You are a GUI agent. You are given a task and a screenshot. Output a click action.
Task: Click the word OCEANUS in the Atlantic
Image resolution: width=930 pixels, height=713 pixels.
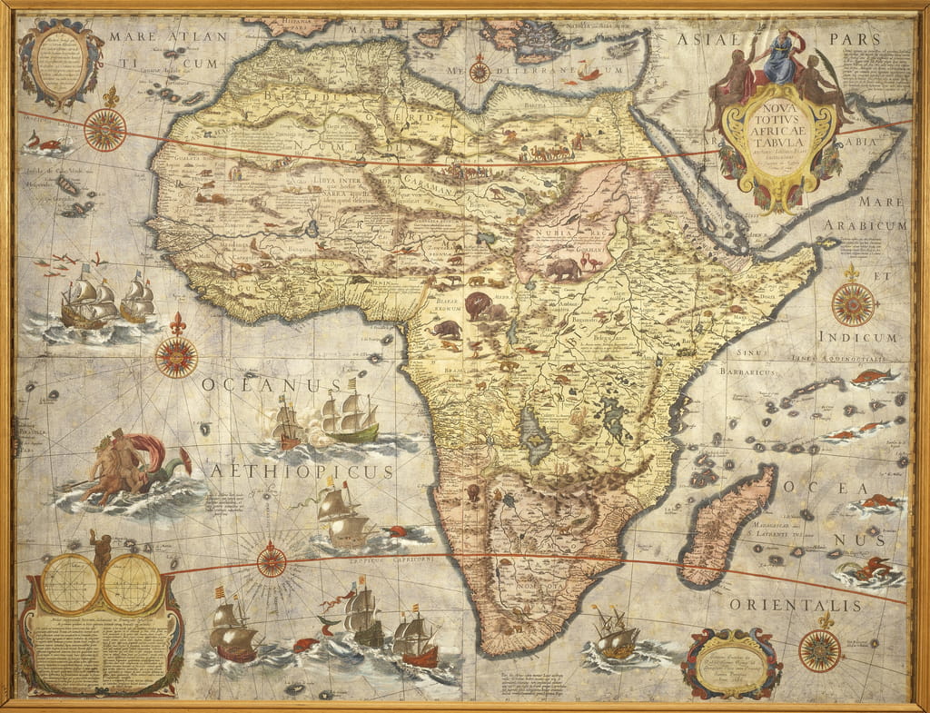point(259,385)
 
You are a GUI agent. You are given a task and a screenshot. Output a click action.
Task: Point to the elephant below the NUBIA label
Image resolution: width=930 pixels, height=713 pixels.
point(563,269)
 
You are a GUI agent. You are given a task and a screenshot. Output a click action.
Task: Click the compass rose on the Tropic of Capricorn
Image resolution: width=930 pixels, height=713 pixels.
point(272,560)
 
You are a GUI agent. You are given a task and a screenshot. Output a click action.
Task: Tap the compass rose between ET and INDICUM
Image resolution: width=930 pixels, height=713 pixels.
point(853,303)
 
